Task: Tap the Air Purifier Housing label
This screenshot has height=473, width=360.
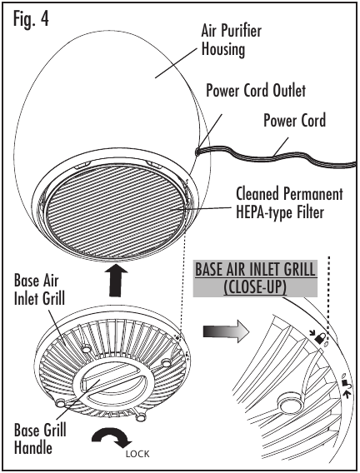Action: pos(232,40)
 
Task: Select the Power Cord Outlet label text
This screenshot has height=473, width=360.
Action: pos(256,90)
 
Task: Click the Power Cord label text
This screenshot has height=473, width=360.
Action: pos(295,120)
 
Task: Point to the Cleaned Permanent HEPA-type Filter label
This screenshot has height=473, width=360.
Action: pos(289,202)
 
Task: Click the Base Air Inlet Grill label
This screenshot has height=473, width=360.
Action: pos(39,290)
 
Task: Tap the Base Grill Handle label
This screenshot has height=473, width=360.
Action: pos(40,438)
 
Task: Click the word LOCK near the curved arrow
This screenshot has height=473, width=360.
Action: pos(137,454)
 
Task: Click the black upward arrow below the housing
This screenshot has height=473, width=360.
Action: pos(116,281)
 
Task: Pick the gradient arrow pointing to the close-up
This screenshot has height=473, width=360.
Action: pos(226,331)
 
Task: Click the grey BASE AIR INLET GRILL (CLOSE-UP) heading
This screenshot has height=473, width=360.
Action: pos(255,278)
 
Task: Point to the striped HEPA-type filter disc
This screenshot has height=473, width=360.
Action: pos(116,211)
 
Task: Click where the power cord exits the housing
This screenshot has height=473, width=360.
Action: pos(197,151)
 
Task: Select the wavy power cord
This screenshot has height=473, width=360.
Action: pos(276,156)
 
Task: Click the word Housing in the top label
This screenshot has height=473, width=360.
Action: pos(223,49)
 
